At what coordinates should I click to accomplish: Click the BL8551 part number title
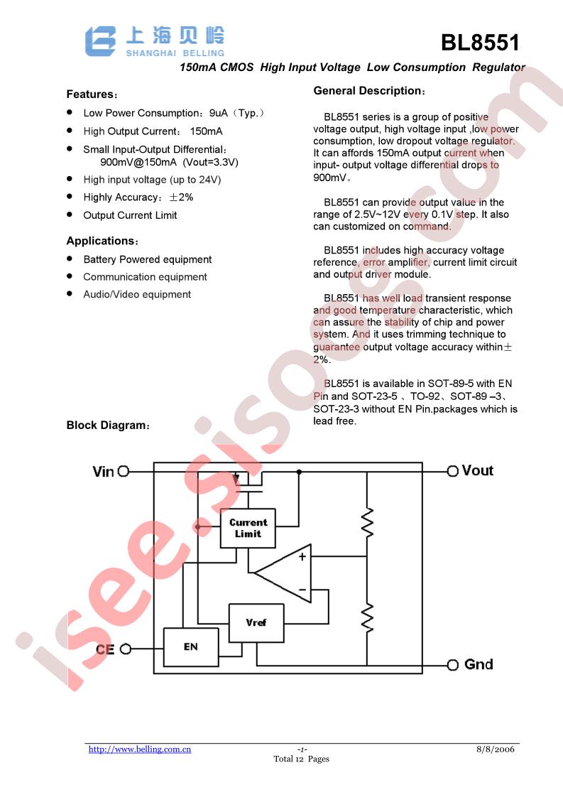pos(480,43)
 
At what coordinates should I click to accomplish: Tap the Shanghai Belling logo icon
pos(100,41)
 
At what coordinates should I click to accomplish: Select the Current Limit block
pos(248,528)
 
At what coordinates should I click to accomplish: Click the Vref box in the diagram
pos(256,623)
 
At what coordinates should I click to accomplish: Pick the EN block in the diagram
pos(191,647)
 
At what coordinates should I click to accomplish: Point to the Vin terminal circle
pos(124,472)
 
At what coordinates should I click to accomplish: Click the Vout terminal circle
pos(453,471)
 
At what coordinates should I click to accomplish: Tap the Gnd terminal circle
pos(453,665)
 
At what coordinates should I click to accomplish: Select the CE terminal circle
pos(126,649)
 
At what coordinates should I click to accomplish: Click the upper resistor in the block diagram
pos(367,522)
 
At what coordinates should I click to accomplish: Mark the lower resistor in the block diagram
pos(367,617)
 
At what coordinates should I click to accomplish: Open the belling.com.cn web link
pos(140,749)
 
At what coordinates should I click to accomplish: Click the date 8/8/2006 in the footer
pos(496,749)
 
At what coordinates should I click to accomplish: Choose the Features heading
pos(92,94)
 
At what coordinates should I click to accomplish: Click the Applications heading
pos(102,241)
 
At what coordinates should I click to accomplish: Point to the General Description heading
pos(369,91)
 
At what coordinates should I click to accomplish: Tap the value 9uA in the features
pos(219,113)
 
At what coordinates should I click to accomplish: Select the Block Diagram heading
pos(108,425)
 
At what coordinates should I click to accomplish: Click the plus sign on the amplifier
pos(302,557)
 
